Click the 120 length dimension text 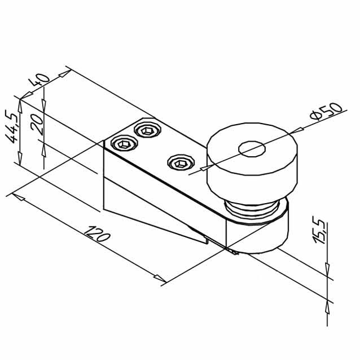point(97,234)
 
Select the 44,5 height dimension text point(11,126)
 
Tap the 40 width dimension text point(38,80)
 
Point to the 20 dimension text point(37,124)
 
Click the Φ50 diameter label point(326,111)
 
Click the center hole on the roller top point(252,149)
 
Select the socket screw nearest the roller point(181,163)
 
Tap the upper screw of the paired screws point(148,130)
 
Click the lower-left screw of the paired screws point(124,143)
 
